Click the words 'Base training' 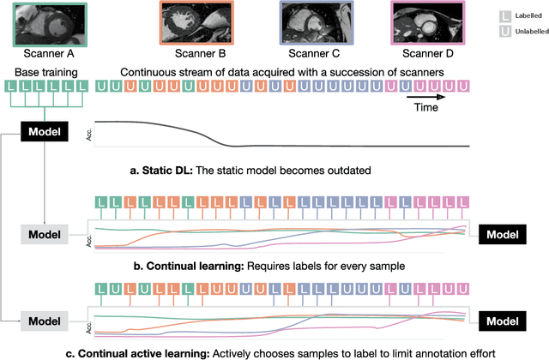[45, 72]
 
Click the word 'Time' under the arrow [423, 109]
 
